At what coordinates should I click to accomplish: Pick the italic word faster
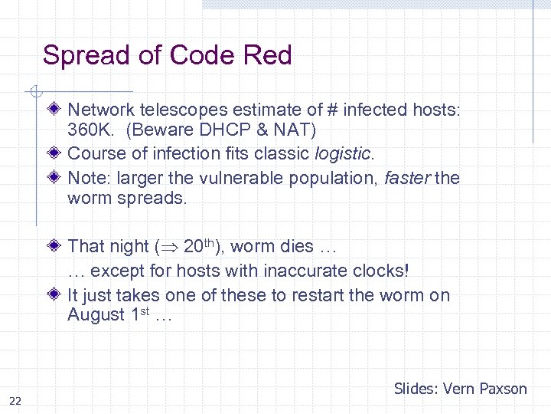click(406, 178)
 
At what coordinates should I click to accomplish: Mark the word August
click(96, 314)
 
